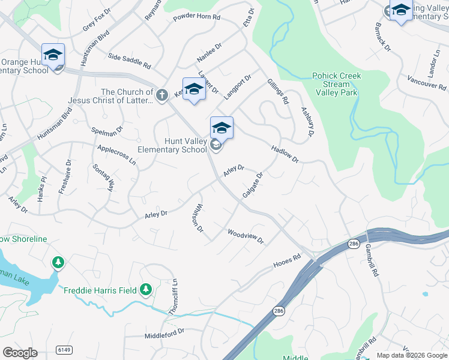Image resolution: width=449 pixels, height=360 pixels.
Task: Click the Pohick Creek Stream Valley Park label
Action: coord(336,84)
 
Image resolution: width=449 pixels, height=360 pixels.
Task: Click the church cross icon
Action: coord(161,95)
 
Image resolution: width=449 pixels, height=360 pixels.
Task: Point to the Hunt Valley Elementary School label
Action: coord(172,145)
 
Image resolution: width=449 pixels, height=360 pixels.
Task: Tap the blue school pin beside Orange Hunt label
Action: coord(53,55)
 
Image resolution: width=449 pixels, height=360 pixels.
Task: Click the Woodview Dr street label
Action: coord(246,236)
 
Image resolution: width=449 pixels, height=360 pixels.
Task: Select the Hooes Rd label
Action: coord(287,260)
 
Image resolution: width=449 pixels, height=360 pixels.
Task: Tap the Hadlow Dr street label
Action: coord(285,154)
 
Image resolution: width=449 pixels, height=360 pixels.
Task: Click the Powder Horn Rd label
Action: coord(197,17)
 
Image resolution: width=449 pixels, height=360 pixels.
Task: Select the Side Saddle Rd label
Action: coord(129,60)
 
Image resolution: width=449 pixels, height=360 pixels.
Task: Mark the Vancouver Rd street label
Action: coord(426,82)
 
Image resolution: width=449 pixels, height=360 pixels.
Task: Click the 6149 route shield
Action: coord(63,349)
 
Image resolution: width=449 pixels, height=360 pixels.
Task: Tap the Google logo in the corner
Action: coord(20,352)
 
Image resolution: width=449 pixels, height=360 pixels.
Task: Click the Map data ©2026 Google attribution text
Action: coord(412,355)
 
